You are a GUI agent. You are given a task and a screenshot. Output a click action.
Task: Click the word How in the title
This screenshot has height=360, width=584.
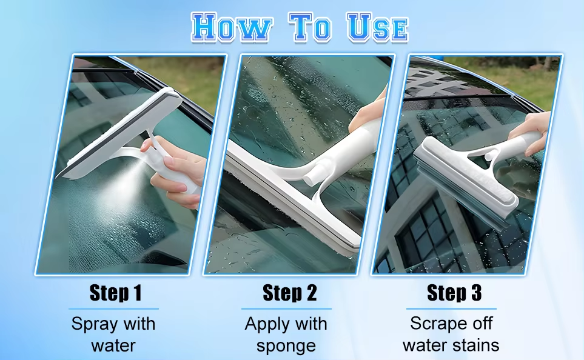231,27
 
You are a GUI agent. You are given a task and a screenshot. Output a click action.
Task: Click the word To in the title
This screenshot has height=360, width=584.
310,27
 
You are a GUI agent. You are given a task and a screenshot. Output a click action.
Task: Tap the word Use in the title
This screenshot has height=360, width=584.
377,27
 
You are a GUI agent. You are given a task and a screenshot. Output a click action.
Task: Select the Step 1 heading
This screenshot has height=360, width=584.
115,293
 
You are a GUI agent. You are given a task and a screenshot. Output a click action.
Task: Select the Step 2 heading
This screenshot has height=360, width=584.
290,293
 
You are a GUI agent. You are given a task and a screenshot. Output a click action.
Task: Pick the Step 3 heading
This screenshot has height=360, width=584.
454,293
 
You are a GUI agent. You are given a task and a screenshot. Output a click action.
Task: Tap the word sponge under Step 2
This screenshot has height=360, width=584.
286,347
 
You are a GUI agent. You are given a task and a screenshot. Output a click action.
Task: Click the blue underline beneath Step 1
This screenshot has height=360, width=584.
113,308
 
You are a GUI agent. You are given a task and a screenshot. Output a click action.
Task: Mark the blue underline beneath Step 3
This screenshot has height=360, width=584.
451,308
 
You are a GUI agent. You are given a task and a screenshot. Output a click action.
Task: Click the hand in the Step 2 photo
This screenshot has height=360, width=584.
367,112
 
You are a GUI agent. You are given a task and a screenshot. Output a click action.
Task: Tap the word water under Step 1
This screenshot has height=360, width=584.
113,346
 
